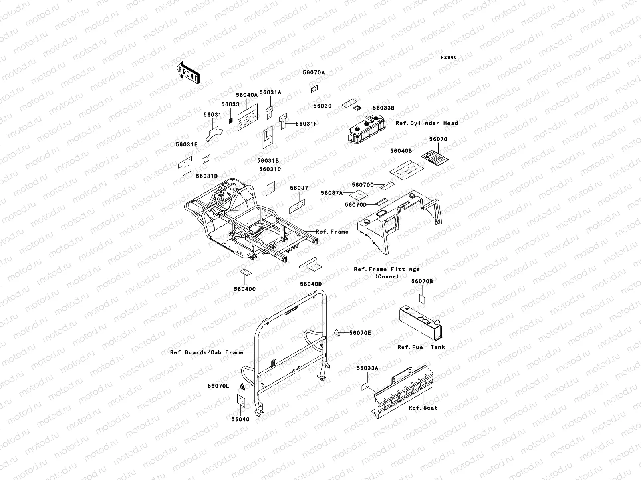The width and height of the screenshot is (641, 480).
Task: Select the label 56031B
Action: pyautogui.click(x=268, y=160)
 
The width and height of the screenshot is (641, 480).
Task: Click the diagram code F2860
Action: pyautogui.click(x=449, y=57)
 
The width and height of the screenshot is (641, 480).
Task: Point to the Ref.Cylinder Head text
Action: pyautogui.click(x=427, y=123)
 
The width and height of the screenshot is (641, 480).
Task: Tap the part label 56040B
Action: pyautogui.click(x=401, y=151)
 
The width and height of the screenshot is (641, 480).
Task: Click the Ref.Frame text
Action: pyautogui.click(x=332, y=232)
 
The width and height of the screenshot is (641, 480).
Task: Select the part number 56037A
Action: pyautogui.click(x=332, y=193)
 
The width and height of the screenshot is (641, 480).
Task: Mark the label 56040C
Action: pyautogui.click(x=245, y=289)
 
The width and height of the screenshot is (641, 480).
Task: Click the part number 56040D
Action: pyautogui.click(x=311, y=284)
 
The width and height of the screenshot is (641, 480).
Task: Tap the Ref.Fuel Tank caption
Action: pyautogui.click(x=421, y=347)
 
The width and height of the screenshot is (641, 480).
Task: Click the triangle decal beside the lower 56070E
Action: pyautogui.click(x=242, y=386)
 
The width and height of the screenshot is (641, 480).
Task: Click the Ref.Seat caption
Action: pyautogui.click(x=423, y=408)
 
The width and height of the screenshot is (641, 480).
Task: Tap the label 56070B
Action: pyautogui.click(x=422, y=281)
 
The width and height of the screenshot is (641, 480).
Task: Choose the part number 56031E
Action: pyautogui.click(x=187, y=145)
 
